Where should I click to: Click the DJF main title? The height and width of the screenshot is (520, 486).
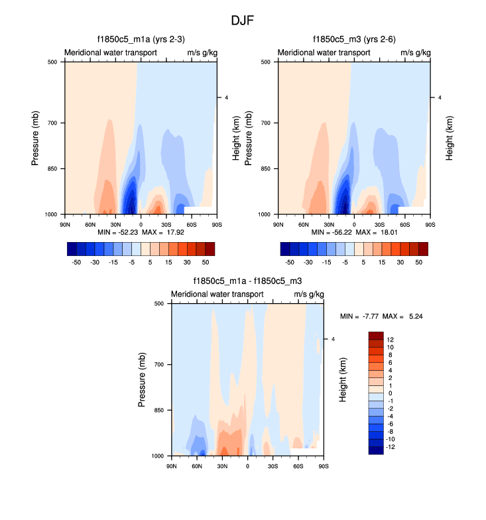click(x=242, y=21)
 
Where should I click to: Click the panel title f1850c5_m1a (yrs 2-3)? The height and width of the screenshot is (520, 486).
click(x=140, y=40)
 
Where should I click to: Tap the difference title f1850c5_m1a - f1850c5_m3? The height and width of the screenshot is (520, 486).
click(x=247, y=281)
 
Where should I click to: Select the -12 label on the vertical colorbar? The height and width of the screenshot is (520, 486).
click(x=391, y=447)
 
